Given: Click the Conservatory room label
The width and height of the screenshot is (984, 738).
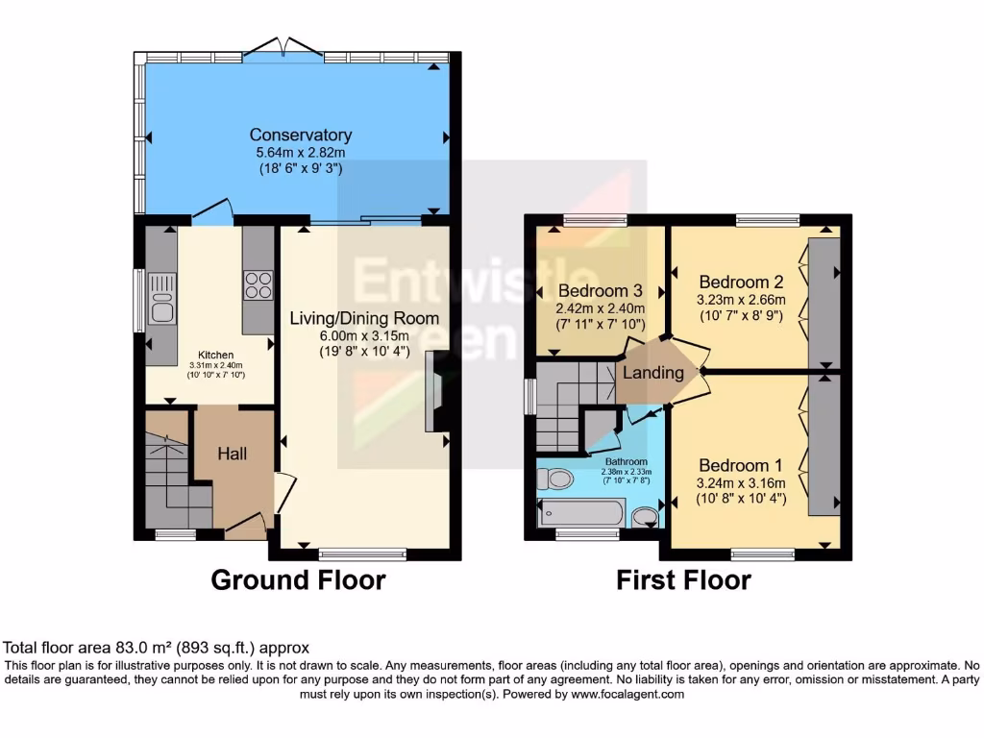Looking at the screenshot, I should pos(300,135).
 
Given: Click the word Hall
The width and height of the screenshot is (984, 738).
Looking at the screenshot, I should pos(231,453).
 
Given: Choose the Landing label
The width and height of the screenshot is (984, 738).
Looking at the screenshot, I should pos(653,373).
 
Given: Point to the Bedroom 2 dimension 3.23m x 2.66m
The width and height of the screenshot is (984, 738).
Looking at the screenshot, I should pos(741,300).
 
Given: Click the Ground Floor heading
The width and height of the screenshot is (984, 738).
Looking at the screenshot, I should pos(298,580).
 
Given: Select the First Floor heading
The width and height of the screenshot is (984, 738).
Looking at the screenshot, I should pos(683,580).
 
